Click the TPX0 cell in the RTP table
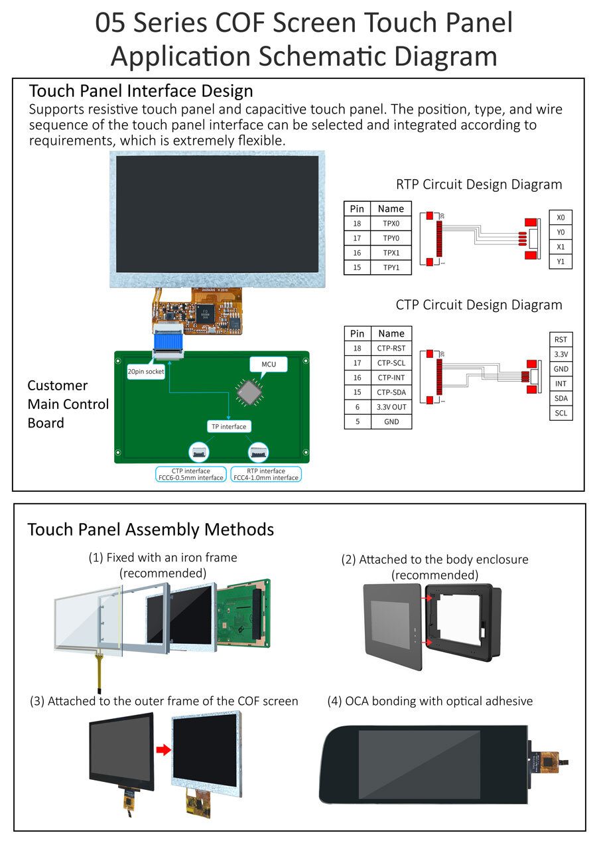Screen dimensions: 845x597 tap(391, 224)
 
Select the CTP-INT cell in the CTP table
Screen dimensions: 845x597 tap(391, 378)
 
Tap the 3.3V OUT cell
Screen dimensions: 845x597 tap(391, 407)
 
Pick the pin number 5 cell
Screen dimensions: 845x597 tap(357, 422)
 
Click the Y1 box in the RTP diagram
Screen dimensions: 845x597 tap(561, 261)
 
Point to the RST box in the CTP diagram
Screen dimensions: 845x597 tap(561, 339)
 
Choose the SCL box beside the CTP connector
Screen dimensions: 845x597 tap(561, 413)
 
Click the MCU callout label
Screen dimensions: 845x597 tap(269, 364)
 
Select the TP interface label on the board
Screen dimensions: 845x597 tap(228, 427)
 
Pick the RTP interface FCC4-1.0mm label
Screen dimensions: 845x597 tap(265, 473)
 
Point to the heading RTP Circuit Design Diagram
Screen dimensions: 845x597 tap(479, 185)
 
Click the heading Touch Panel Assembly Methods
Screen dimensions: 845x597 tap(151, 529)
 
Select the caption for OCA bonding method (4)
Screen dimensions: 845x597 tap(430, 701)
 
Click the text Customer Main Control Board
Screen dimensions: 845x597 tap(68, 404)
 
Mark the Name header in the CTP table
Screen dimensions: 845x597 tap(391, 333)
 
